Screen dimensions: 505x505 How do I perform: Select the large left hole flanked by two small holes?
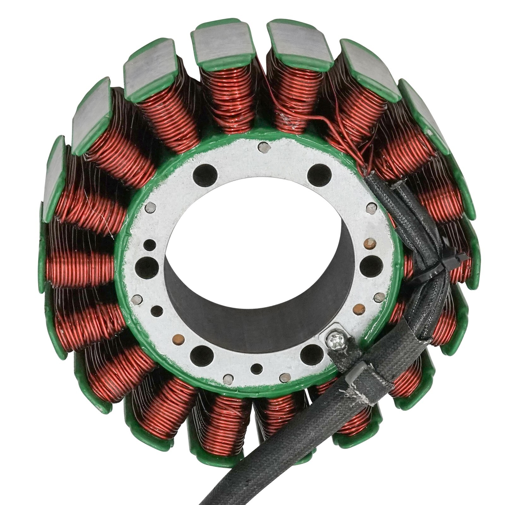tap(146, 267)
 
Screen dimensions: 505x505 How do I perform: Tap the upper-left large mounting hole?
tap(205, 174)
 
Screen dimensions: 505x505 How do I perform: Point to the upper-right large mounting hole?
tap(319, 174)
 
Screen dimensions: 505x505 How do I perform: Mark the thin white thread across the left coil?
tap(101, 218)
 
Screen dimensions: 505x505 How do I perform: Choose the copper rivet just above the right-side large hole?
tap(368, 244)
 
